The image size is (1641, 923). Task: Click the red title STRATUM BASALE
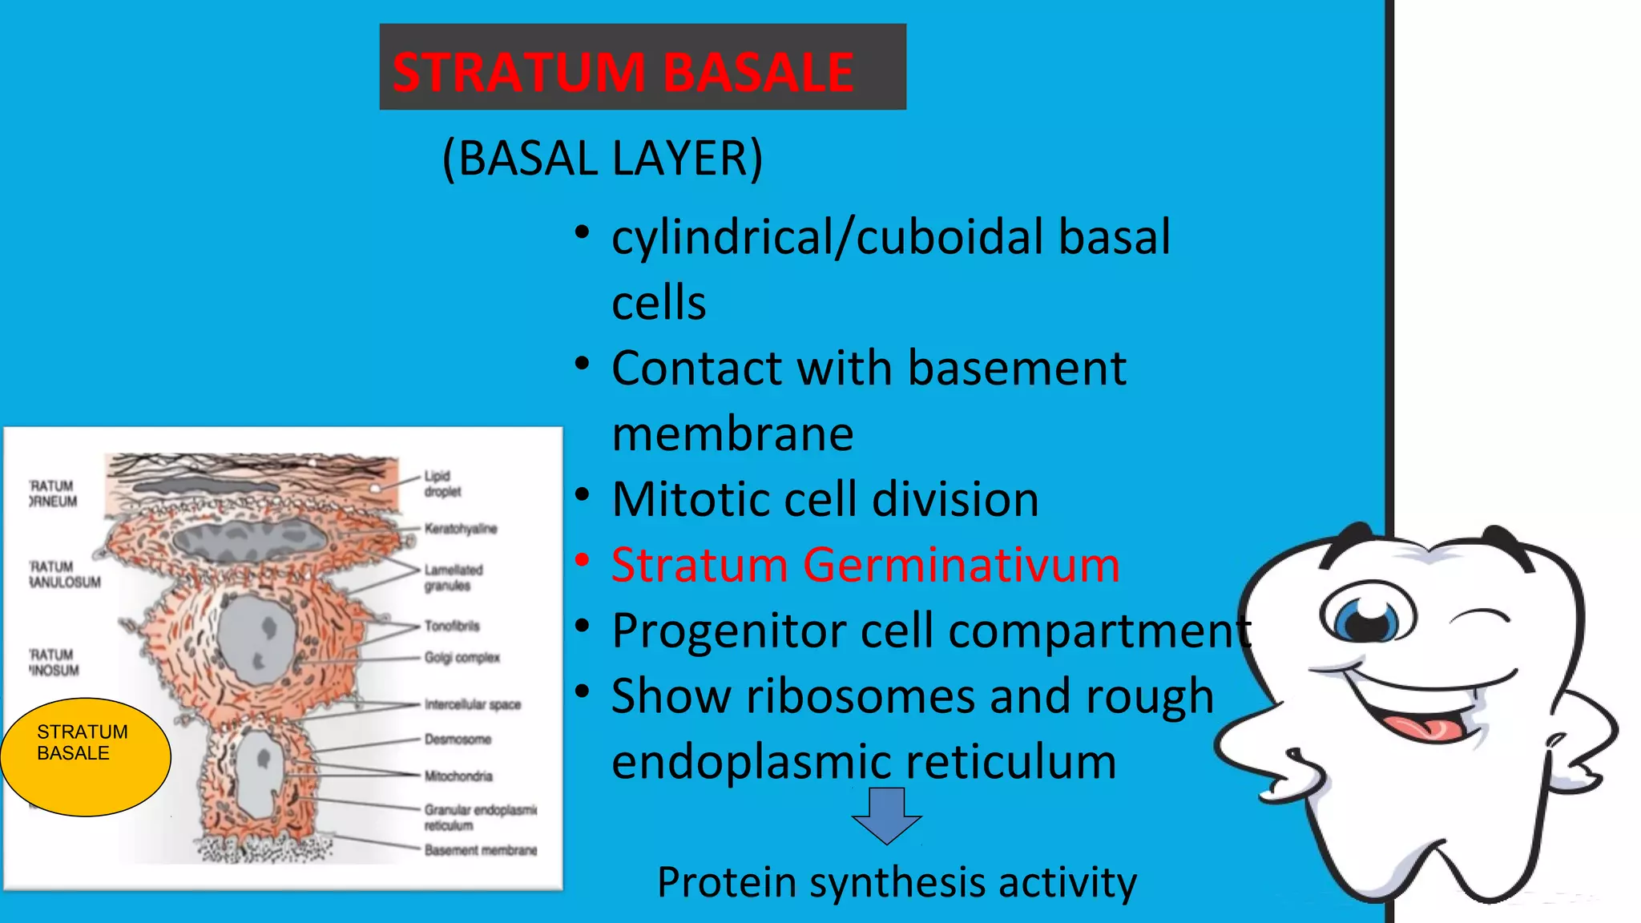pos(623,72)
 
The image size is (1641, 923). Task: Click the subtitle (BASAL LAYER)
pos(603,158)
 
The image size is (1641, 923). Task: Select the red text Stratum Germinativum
pos(865,565)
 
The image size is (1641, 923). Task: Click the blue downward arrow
pos(886,814)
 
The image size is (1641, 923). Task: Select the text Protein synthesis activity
pos(897,882)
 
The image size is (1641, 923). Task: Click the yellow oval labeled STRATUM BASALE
pos(85,756)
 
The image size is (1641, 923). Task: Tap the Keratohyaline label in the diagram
pos(461,529)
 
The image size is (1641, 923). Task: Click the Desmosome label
pos(458,739)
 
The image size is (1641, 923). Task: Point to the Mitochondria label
pos(458,776)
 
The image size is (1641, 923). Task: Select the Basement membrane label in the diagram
pos(481,850)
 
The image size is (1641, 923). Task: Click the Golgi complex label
pos(462,658)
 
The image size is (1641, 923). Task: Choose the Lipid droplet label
pos(442,484)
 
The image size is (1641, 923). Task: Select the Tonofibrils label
pos(452,626)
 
